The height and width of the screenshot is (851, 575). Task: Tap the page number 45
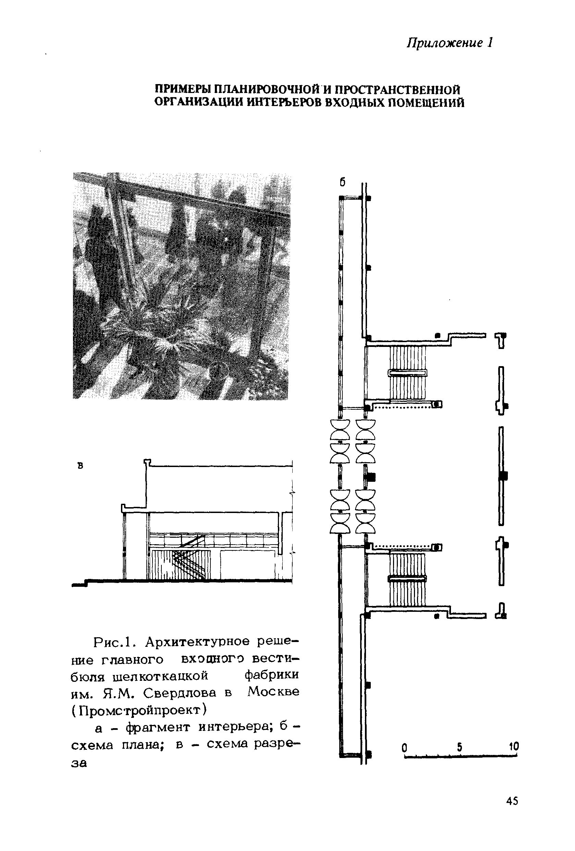pyautogui.click(x=512, y=801)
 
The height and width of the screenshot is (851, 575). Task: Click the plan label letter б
pyautogui.click(x=342, y=182)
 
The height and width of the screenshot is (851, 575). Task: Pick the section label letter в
pyautogui.click(x=81, y=466)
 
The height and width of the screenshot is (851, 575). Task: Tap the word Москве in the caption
pyautogui.click(x=273, y=692)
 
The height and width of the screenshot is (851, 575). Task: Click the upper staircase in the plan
pyautogui.click(x=407, y=373)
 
